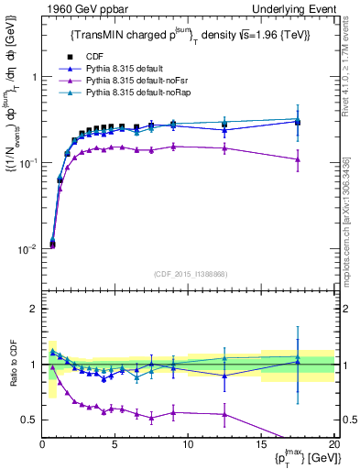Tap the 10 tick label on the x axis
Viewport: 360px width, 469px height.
click(188, 444)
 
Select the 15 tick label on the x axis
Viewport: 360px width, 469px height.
click(261, 444)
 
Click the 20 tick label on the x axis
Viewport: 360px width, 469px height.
click(333, 444)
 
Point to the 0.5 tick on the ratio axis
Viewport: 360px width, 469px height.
click(29, 420)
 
